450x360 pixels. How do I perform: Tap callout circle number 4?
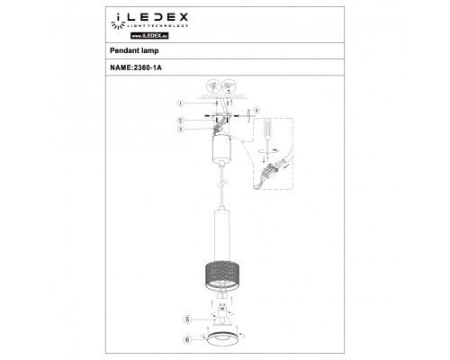click(256, 111)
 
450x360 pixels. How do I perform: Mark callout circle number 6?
click(186, 340)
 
